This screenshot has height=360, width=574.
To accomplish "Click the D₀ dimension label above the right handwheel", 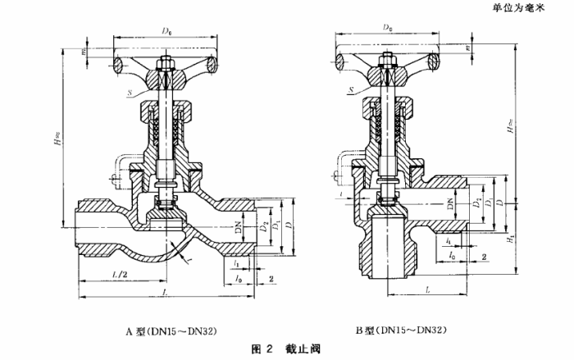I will pos(386,27).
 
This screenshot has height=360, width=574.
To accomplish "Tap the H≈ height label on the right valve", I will pos(512,130).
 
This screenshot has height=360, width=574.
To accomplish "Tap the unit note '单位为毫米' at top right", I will pos(532,7).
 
